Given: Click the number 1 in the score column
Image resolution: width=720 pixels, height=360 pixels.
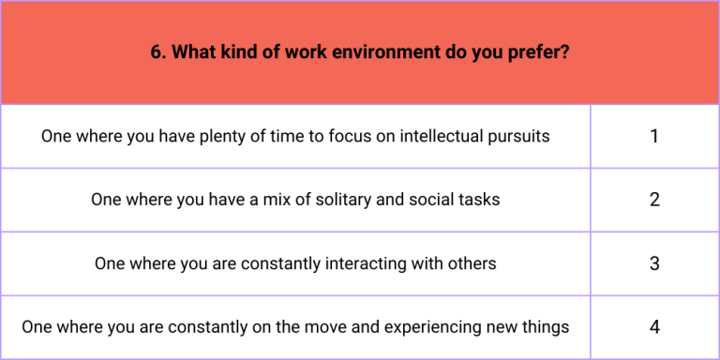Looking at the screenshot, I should pos(654,136).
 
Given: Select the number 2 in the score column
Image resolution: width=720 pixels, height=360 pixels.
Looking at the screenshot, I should pos(654,200).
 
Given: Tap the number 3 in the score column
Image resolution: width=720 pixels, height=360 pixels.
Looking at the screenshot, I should pos(654,263).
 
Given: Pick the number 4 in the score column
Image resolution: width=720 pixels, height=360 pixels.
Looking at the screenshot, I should pos(654,327).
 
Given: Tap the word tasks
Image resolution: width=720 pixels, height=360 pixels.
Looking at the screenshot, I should pos(479,200).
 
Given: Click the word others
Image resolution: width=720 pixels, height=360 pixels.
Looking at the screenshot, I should pos(472,263).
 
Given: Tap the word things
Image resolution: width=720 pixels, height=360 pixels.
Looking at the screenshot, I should pos(546,327).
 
